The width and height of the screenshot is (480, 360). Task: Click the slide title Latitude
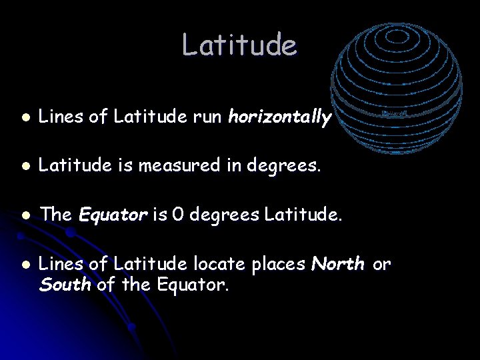pos(239,45)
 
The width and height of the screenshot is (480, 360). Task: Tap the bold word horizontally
pos(279,118)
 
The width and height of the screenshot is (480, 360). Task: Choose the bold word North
pos(338,265)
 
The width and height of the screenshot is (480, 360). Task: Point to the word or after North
pos(381,265)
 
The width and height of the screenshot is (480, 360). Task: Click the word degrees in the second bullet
pos(291,166)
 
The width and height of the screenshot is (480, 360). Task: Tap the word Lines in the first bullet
pos(61,118)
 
